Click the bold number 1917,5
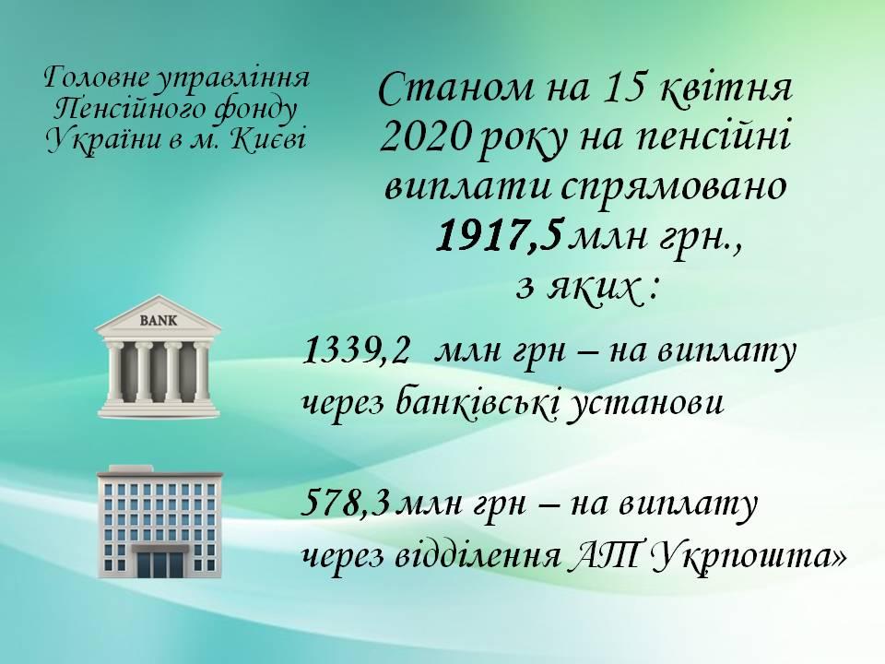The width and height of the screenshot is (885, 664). click(x=499, y=236)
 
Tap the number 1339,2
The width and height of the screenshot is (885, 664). click(x=356, y=352)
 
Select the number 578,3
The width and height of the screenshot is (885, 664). click(x=346, y=504)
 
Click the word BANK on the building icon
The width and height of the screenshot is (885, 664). click(x=158, y=321)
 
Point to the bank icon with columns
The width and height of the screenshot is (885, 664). click(x=159, y=357)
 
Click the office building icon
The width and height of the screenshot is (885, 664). click(x=159, y=521)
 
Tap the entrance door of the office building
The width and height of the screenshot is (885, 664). click(x=159, y=563)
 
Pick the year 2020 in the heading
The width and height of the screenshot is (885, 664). click(x=424, y=138)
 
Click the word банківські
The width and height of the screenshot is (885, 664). click(x=477, y=404)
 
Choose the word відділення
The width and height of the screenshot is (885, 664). click(x=477, y=557)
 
